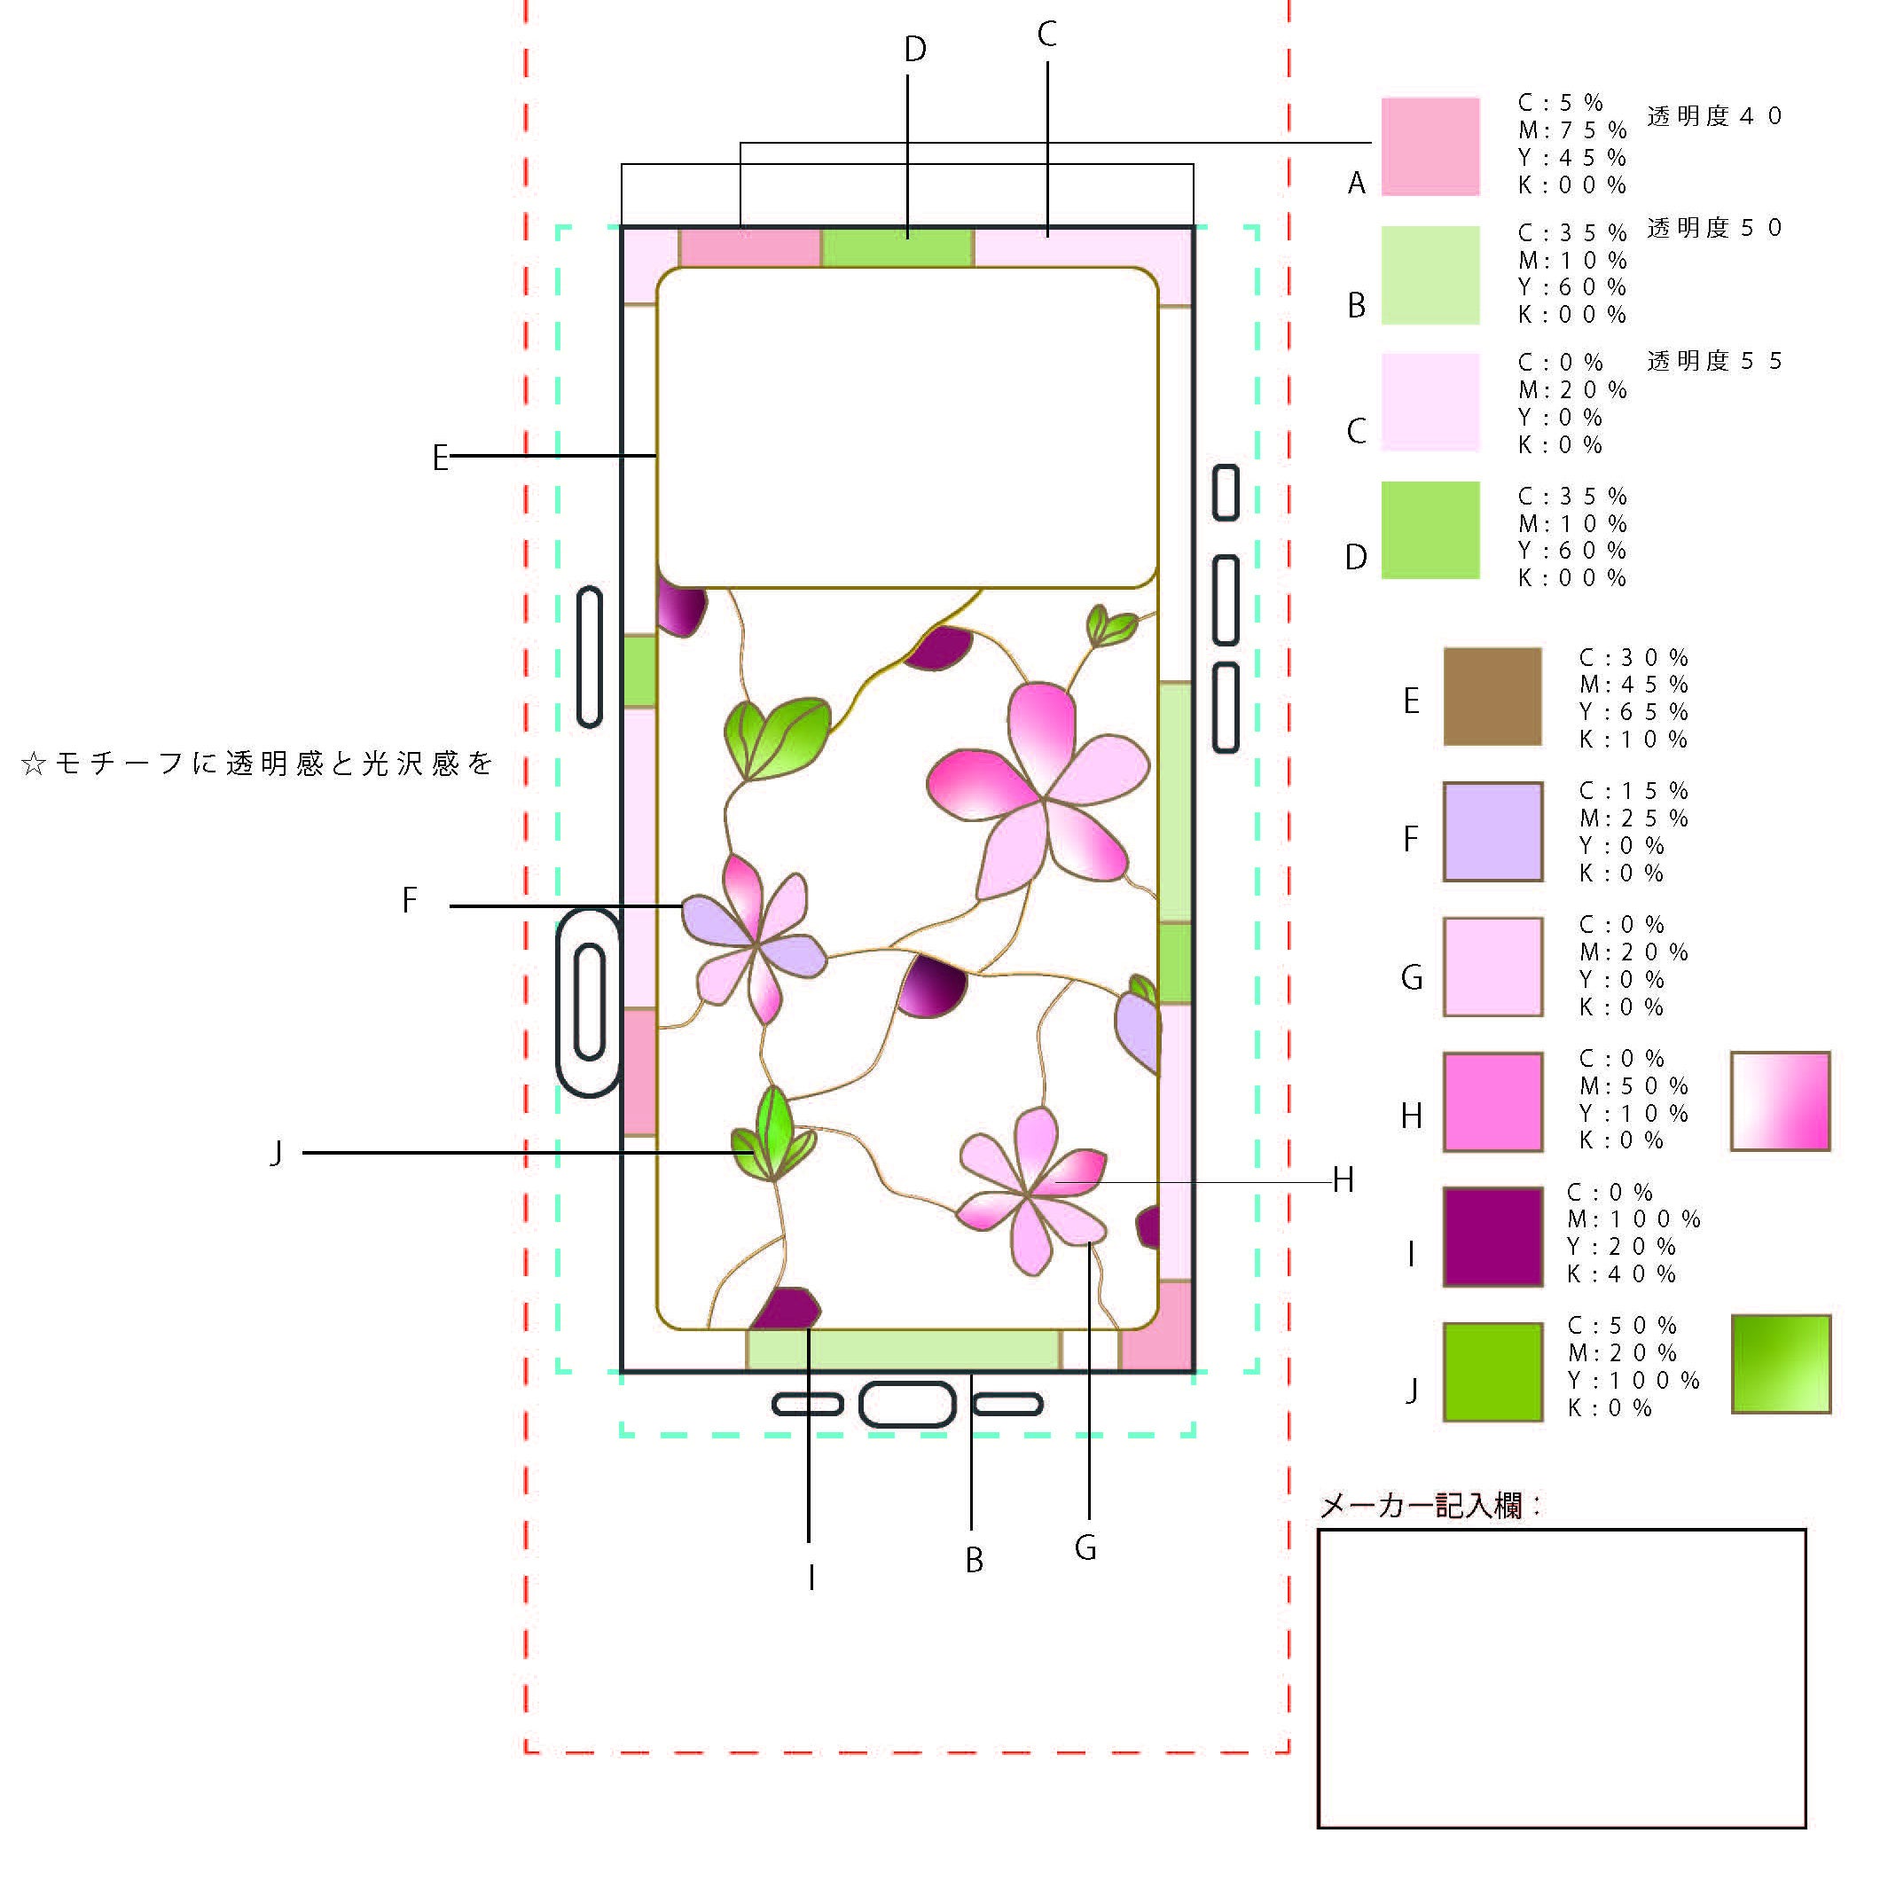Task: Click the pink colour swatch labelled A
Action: pos(1430,146)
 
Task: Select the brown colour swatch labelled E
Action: pos(1492,696)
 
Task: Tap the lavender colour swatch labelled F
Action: pos(1492,831)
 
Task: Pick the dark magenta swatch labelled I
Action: pos(1492,1236)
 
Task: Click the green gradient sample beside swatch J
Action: pos(1781,1364)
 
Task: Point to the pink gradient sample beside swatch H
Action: pos(1780,1101)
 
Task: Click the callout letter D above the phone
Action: pos(914,50)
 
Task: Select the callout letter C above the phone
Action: pos(1046,36)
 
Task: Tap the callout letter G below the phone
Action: pos(1085,1548)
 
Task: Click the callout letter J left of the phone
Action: pos(277,1154)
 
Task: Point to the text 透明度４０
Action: pos(1714,116)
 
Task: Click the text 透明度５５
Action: pos(1714,362)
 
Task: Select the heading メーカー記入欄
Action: pos(1429,1506)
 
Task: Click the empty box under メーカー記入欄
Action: pos(1561,1678)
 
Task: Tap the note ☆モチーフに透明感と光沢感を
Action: pos(257,764)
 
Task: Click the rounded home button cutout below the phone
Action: pos(907,1405)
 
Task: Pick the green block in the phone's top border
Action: pos(897,248)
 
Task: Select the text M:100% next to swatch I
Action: pos(1633,1219)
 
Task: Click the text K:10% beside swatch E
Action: pos(1633,740)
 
